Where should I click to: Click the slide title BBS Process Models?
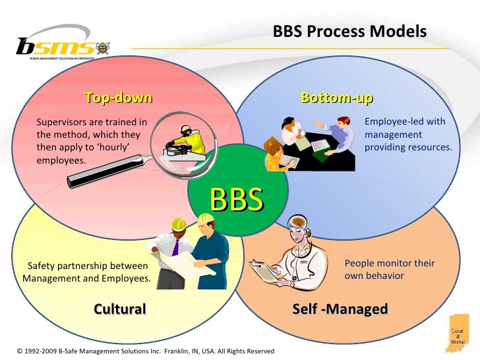(350, 32)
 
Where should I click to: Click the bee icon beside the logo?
(104, 48)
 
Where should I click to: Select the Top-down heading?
(119, 99)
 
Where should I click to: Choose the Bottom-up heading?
(337, 99)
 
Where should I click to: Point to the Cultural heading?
(119, 309)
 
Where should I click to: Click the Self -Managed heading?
(340, 309)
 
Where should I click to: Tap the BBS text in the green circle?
(237, 198)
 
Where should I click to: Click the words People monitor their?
(390, 263)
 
